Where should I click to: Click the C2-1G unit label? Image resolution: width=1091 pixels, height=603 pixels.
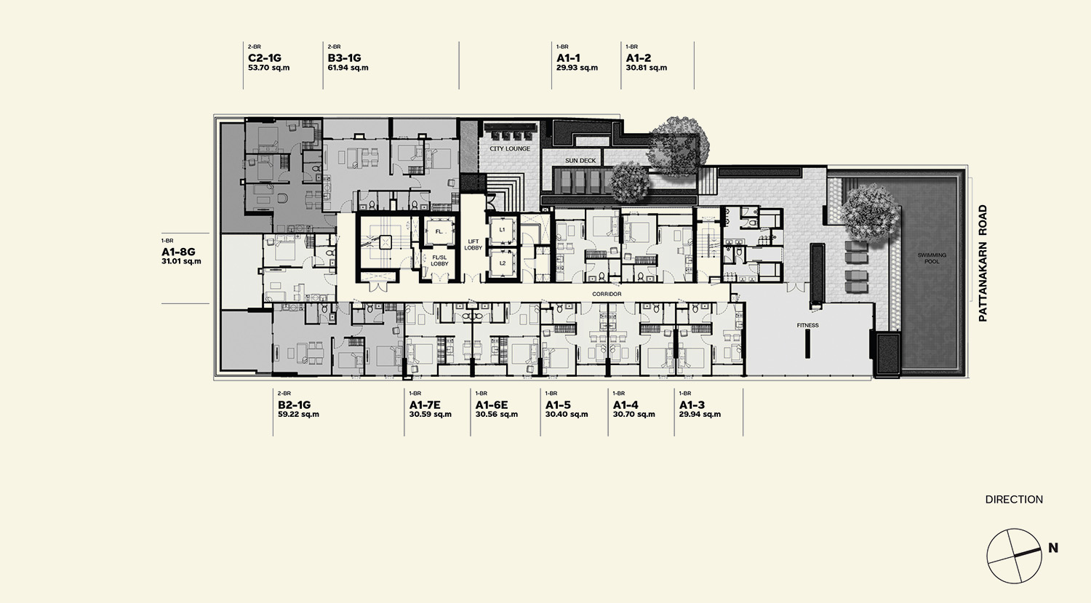265,58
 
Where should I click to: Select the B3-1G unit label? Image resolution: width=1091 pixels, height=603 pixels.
344,58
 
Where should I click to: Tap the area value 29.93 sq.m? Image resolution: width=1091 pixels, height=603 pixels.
578,68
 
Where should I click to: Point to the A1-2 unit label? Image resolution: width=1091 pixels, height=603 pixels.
639,58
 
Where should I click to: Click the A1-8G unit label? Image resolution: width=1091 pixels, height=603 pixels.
178,252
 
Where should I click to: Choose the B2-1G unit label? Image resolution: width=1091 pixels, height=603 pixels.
294,404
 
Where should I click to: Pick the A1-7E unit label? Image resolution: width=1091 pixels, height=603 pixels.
425,404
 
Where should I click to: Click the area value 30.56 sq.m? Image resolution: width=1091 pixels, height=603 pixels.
496,415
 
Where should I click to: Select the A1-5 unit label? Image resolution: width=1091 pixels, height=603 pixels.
558,404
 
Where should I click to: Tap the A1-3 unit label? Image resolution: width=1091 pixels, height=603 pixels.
692,404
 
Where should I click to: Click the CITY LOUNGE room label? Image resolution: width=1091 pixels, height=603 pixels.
510,148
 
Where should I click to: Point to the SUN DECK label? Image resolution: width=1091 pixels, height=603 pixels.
580,160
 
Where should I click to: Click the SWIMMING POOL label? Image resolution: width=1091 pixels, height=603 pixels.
932,258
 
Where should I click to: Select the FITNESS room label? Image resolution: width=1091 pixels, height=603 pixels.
807,325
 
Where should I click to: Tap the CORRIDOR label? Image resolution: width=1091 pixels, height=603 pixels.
607,294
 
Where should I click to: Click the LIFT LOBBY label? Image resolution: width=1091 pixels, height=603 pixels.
473,244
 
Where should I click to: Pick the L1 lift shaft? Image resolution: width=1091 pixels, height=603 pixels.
502,229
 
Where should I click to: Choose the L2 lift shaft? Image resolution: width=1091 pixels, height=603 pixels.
502,263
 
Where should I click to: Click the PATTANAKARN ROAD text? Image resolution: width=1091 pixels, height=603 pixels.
983,263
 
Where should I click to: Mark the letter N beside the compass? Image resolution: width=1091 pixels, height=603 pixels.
1053,548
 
